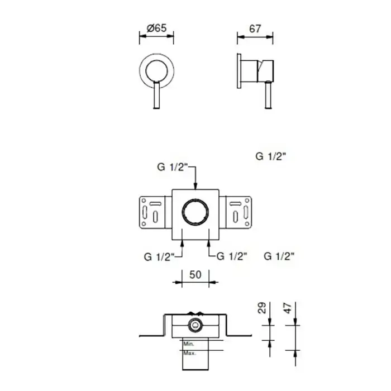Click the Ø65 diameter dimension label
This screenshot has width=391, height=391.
[156, 28]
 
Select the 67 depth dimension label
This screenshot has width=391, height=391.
[255, 29]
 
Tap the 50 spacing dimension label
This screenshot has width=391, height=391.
[195, 275]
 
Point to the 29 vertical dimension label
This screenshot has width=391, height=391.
[262, 308]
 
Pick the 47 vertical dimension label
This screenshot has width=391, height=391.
[288, 308]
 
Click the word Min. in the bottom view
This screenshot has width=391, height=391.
[189, 344]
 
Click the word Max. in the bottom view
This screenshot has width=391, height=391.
[189, 354]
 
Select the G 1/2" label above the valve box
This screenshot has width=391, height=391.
[172, 167]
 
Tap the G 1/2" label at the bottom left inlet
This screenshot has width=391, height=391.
[159, 257]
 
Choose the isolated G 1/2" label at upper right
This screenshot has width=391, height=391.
[270, 156]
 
